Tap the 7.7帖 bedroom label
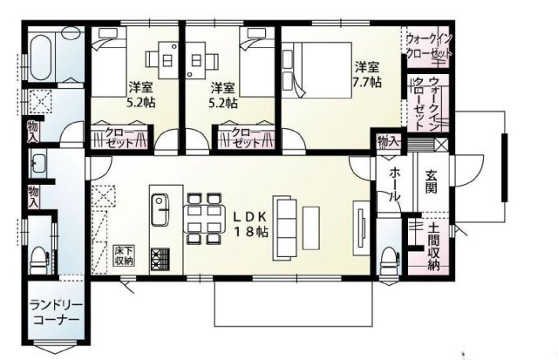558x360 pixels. tap(366, 75)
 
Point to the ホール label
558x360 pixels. tap(395, 184)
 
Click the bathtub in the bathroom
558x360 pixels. tap(42, 55)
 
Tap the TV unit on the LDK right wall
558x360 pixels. tap(358, 225)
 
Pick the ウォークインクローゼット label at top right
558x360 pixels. tap(429, 46)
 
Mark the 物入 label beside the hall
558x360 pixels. tap(388, 141)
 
